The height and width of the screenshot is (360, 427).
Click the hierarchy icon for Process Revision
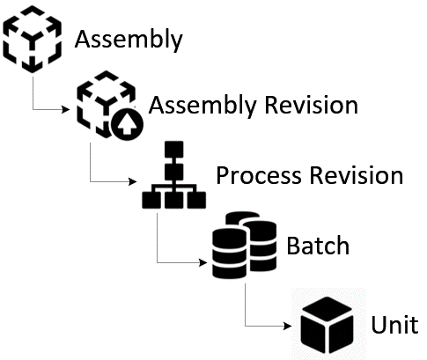point(173,176)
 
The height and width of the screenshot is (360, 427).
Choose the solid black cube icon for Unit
point(328,322)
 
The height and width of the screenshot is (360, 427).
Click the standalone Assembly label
point(129,40)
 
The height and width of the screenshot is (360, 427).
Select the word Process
point(259,175)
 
